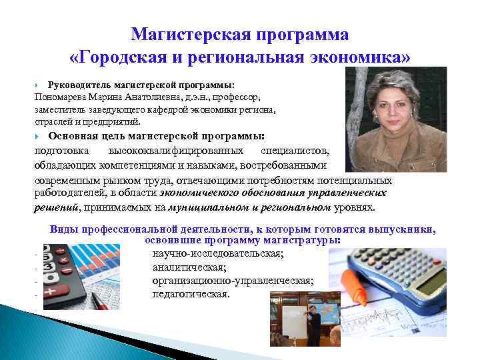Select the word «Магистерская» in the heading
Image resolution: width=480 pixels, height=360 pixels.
click(x=185, y=33)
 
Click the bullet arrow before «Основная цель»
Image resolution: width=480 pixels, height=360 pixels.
click(x=37, y=135)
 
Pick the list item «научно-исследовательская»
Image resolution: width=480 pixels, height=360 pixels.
click(x=218, y=254)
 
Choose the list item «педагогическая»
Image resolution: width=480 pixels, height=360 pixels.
click(x=191, y=294)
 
